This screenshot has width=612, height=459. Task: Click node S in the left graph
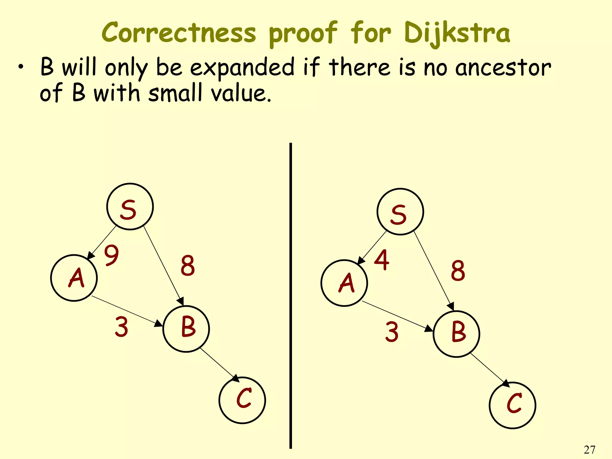pyautogui.click(x=130, y=206)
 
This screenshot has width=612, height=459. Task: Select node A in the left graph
pyautogui.click(x=74, y=278)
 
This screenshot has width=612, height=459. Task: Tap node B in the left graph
pyautogui.click(x=186, y=329)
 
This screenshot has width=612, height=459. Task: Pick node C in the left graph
pyautogui.click(x=242, y=400)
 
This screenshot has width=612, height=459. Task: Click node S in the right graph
pyautogui.click(x=400, y=212)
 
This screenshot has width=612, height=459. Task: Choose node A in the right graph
pyautogui.click(x=344, y=283)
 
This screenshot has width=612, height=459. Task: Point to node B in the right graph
pyautogui.click(x=456, y=334)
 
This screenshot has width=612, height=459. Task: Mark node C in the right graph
pyautogui.click(x=512, y=405)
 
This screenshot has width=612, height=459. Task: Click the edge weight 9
pyautogui.click(x=111, y=255)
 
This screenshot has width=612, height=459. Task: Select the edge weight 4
pyautogui.click(x=382, y=260)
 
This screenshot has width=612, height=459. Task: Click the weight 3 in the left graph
pyautogui.click(x=122, y=327)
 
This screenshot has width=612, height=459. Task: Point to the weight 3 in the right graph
pyautogui.click(x=392, y=332)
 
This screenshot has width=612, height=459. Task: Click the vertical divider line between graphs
pyautogui.click(x=290, y=296)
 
